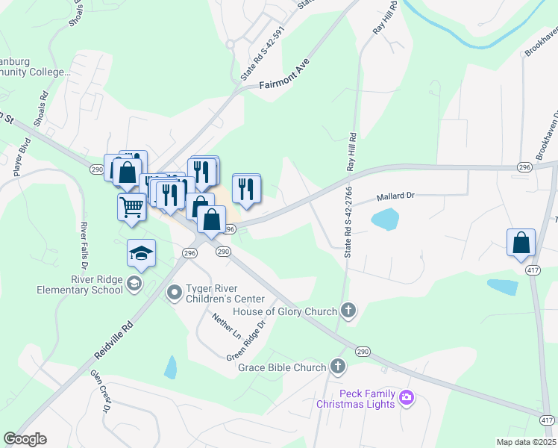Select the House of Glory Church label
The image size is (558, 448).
tap(286, 310)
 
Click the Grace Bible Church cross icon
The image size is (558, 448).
tap(338, 367)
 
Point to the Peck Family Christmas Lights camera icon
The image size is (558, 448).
tap(407, 396)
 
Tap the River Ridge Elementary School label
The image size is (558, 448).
tap(87, 284)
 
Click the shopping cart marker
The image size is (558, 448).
tap(131, 205)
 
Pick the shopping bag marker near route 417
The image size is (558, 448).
tap(521, 242)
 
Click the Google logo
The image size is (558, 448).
tap(25, 439)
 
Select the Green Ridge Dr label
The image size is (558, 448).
tap(246, 340)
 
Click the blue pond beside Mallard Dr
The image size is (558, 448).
tap(384, 220)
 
